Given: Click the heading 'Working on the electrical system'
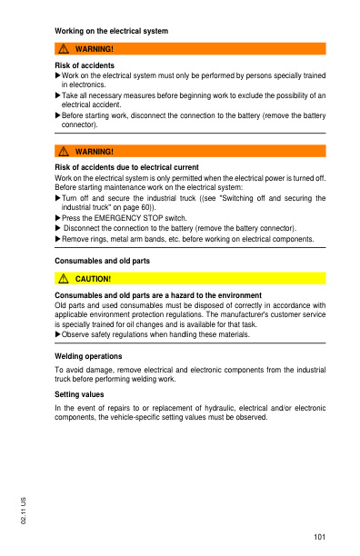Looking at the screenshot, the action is [x=112, y=31].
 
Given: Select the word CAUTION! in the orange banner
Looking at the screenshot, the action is [x=93, y=278].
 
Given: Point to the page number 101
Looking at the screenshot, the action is [x=319, y=538].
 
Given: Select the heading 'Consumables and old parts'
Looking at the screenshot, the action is [x=102, y=261].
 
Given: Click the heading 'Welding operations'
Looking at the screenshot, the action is [x=88, y=356].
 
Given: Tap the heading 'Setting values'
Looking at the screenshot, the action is [x=79, y=395].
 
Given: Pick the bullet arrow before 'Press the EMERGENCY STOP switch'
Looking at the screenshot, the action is [x=58, y=218].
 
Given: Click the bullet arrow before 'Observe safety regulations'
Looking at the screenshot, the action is [x=58, y=334].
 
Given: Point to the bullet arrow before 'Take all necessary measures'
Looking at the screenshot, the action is [x=58, y=94].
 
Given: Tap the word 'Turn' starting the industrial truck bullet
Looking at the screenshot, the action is [x=70, y=198].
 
